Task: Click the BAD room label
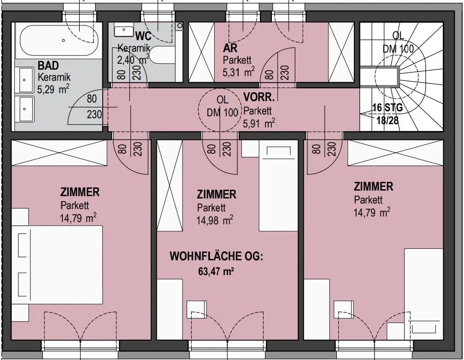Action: (48, 65)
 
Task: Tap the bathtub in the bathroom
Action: (59, 41)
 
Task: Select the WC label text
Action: (143, 36)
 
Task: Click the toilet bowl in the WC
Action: (162, 55)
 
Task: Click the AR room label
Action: (230, 48)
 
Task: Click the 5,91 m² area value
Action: (259, 123)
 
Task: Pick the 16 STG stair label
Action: (388, 108)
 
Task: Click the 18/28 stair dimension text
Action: (388, 120)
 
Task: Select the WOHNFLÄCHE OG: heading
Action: (216, 256)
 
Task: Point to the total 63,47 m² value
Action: (214, 271)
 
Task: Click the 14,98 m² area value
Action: (215, 220)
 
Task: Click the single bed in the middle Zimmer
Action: (278, 186)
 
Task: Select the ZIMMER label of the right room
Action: (373, 186)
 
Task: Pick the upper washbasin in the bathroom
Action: (26, 80)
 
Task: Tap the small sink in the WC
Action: (123, 30)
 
